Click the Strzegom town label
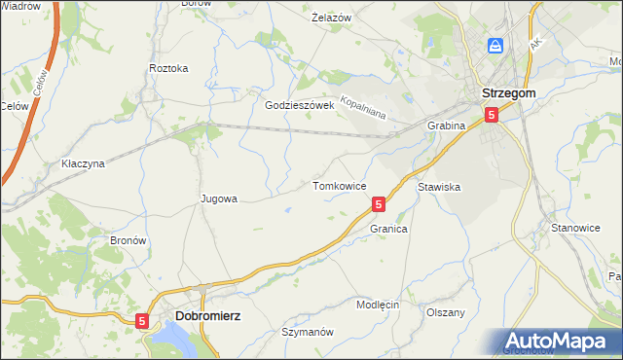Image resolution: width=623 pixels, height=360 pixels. tap(508, 94)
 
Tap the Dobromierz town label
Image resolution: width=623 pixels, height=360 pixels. tap(207, 316)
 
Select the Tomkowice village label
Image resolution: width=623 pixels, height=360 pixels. tap(339, 185)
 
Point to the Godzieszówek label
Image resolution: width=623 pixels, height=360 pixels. tap(300, 105)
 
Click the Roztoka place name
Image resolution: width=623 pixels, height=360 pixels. tap(168, 69)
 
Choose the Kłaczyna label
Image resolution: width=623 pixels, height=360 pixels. tap(82, 164)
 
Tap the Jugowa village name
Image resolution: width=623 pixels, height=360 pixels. tap(218, 198)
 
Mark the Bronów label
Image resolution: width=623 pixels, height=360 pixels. tap(128, 239)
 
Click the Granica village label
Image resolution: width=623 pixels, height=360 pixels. tap(387, 229)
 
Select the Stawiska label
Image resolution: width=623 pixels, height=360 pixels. tap(438, 186)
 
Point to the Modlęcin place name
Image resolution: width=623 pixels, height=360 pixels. tap(378, 305)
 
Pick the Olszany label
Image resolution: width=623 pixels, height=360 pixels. tap(446, 312)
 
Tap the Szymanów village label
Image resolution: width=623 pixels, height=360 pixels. tap(307, 332)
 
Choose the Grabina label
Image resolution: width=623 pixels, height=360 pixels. tap(447, 126)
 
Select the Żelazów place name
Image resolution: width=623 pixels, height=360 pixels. tap(331, 18)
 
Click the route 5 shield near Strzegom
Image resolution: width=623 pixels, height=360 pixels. tap(492, 115)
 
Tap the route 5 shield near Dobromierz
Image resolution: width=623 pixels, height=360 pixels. tap(143, 320)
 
